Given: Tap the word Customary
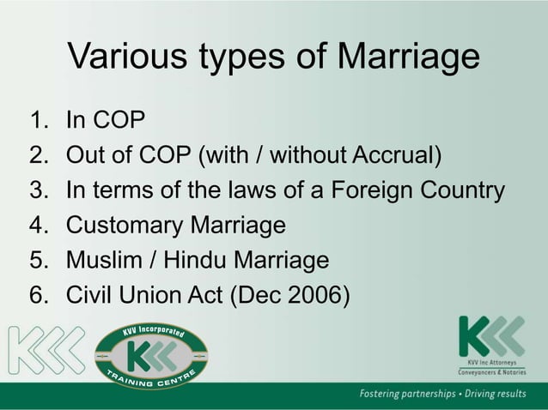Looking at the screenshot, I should pyautogui.click(x=128, y=226).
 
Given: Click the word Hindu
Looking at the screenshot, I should pyautogui.click(x=197, y=261).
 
